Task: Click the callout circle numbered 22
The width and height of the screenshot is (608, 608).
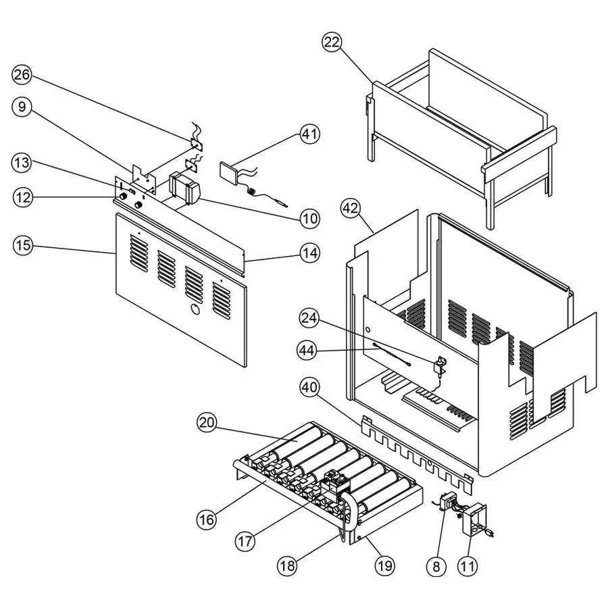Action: [332, 43]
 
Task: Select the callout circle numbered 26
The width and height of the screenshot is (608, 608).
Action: [22, 74]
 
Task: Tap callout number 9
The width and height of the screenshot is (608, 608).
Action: [22, 107]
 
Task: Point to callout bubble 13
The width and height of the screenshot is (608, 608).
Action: [22, 162]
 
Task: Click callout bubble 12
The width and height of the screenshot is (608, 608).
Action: [22, 197]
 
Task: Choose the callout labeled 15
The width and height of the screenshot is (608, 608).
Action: [22, 245]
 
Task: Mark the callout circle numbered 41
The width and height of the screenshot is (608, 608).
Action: [309, 134]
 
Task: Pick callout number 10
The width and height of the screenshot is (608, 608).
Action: [309, 218]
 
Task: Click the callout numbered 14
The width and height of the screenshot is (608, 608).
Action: [309, 253]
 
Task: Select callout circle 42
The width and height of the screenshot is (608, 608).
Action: [349, 207]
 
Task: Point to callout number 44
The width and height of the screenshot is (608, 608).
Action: [309, 349]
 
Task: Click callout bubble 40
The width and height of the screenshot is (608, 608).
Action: [309, 386]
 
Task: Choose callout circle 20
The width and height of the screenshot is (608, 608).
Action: [207, 423]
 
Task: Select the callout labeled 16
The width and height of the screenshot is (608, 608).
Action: [207, 519]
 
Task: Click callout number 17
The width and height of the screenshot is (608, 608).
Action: [246, 540]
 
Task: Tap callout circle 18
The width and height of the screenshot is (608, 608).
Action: [287, 565]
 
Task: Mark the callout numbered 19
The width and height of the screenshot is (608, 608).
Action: [384, 565]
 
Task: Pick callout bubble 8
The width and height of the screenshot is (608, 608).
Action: [436, 565]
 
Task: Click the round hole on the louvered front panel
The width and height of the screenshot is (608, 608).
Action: [193, 310]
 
